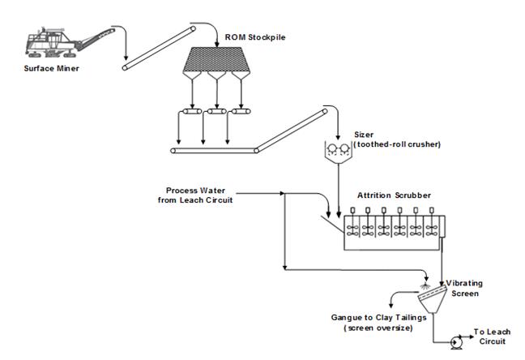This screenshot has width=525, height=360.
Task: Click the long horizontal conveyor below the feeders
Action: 214,150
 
